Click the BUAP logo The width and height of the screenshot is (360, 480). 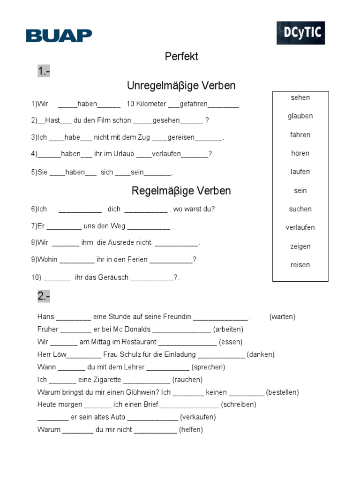(59, 35)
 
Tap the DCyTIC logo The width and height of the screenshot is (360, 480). (300, 33)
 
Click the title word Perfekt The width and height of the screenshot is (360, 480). (181, 56)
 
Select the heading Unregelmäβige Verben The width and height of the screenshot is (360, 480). (181, 86)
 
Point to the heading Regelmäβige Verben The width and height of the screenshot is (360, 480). (181, 191)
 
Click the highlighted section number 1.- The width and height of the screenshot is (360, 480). (44, 71)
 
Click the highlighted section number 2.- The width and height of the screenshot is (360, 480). (44, 296)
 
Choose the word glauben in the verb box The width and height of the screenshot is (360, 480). (300, 116)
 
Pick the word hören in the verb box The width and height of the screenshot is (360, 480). (300, 153)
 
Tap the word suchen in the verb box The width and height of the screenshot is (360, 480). (300, 209)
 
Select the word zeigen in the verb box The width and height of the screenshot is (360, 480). (300, 247)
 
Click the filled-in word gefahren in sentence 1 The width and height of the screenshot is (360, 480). (194, 104)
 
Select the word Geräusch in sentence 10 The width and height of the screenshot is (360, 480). (113, 277)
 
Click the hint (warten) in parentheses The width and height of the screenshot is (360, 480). (282, 317)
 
